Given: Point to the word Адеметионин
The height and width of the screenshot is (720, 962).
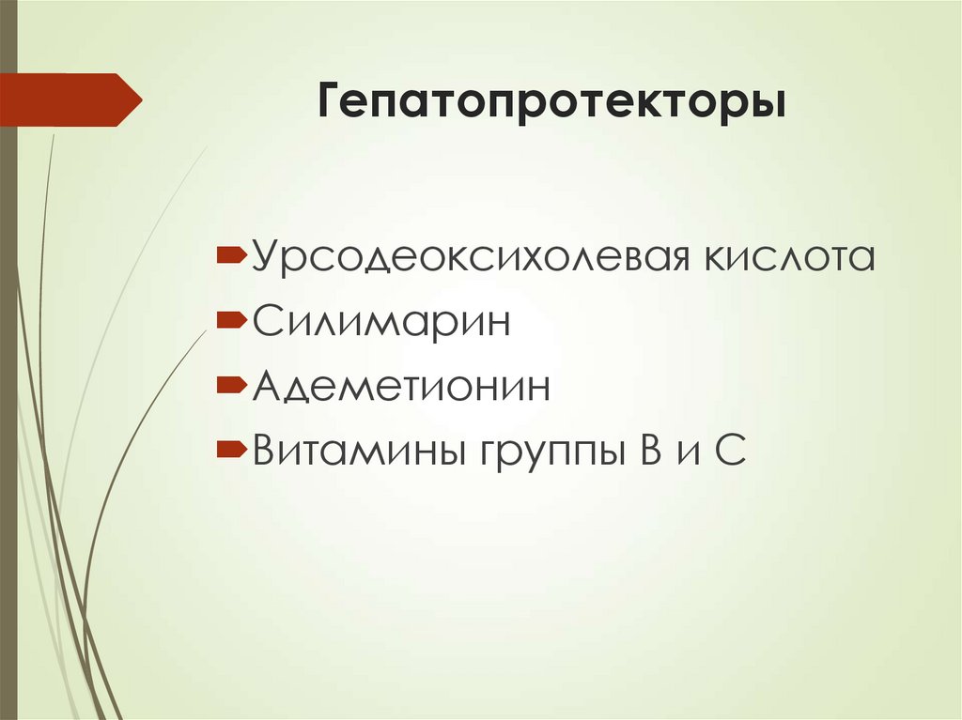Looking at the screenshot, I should (400, 387).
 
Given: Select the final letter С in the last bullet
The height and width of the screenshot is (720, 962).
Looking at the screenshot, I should (731, 452).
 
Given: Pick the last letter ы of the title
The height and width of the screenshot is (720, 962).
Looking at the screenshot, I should (768, 103).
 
